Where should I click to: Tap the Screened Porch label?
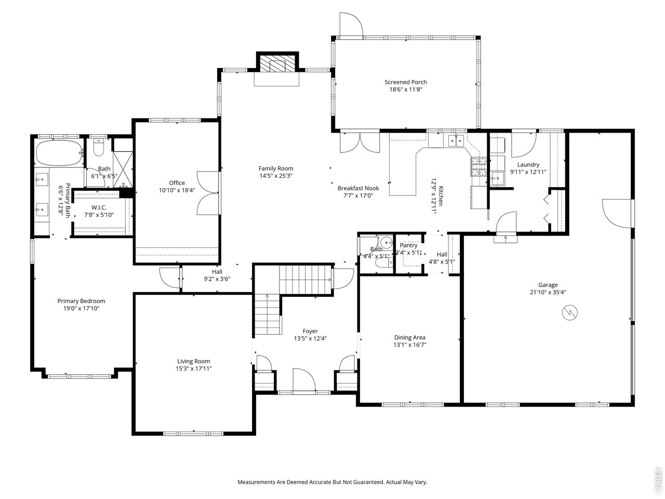[406, 82]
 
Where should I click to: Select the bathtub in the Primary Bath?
[59, 152]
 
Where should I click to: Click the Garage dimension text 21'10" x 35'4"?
[548, 292]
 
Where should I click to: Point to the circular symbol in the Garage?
[570, 313]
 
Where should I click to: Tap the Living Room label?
[194, 361]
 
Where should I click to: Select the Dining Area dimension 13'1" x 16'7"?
[410, 345]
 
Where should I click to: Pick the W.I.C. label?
[99, 207]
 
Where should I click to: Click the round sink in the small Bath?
[385, 243]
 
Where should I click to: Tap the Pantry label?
[408, 246]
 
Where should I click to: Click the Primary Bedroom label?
[81, 301]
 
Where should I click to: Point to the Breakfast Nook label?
[358, 188]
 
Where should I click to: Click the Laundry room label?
[528, 165]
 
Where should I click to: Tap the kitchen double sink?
[456, 140]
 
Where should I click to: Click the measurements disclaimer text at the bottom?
[332, 482]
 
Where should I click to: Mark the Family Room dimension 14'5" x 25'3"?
[276, 176]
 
